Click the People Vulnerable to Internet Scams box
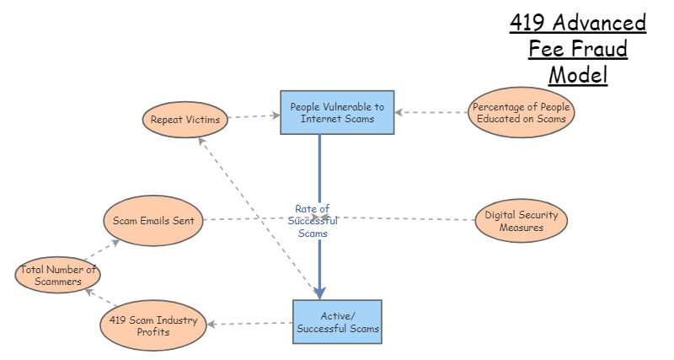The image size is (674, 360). pyautogui.click(x=337, y=113)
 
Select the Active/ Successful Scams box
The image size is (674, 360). pyautogui.click(x=337, y=321)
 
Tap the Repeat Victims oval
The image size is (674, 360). pyautogui.click(x=185, y=120)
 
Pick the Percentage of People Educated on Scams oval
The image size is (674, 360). pyautogui.click(x=522, y=113)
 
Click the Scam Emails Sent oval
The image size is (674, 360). pyautogui.click(x=153, y=221)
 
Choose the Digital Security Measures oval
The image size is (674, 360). pyautogui.click(x=521, y=221)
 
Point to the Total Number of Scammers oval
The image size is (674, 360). pyautogui.click(x=59, y=276)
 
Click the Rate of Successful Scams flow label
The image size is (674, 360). pyautogui.click(x=312, y=221)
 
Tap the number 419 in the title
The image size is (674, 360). pyautogui.click(x=531, y=23)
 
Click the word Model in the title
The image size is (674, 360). pyautogui.click(x=578, y=74)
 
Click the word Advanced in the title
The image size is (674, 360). pyautogui.click(x=602, y=23)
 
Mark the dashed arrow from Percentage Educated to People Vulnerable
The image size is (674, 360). pyautogui.click(x=431, y=112)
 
